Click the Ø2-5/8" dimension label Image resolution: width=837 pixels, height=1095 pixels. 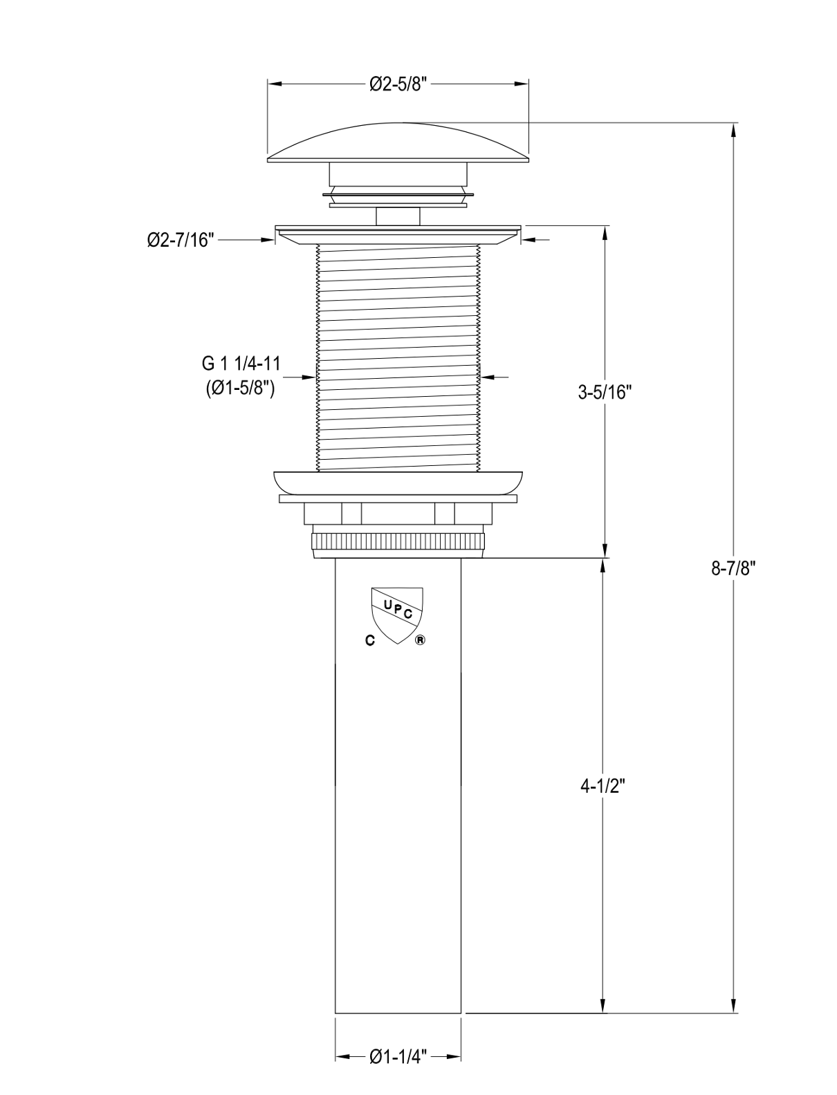click(x=399, y=84)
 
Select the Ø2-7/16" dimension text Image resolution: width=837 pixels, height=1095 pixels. click(x=181, y=240)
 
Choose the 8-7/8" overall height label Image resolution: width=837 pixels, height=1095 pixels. click(x=734, y=568)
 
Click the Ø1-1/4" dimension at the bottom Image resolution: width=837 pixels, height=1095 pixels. click(x=398, y=1057)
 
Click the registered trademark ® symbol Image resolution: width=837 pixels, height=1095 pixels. click(x=420, y=641)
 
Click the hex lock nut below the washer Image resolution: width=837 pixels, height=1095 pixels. click(x=398, y=514)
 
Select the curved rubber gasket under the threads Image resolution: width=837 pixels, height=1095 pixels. click(x=398, y=483)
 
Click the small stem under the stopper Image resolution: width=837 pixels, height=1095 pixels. click(x=398, y=216)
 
